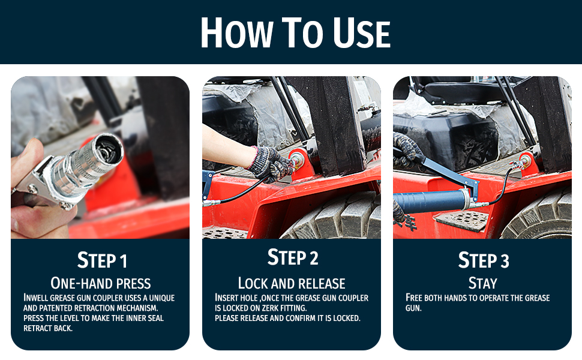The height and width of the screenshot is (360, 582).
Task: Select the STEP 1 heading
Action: click(x=102, y=261)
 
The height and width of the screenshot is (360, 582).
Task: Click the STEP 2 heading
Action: click(x=292, y=258)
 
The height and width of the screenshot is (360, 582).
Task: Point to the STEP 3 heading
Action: click(x=483, y=260)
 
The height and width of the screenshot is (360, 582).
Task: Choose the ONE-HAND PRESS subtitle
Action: click(x=101, y=283)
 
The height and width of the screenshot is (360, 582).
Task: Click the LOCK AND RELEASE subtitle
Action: click(x=292, y=283)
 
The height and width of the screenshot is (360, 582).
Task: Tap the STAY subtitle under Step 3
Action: click(x=482, y=283)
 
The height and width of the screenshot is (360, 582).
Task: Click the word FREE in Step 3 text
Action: click(x=414, y=298)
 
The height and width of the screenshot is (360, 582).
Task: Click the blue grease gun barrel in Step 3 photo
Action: click(x=426, y=202)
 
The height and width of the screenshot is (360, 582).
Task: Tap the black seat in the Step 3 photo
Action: click(x=456, y=90)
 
